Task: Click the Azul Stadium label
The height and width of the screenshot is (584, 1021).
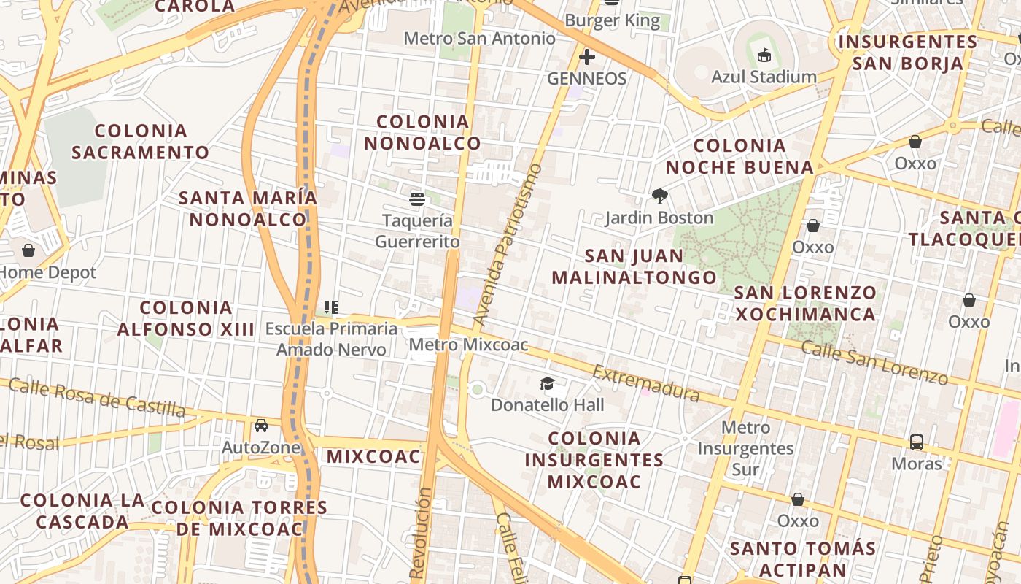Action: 764,77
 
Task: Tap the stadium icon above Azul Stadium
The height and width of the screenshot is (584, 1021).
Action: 764,55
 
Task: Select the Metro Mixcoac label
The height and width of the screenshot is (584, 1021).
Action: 468,345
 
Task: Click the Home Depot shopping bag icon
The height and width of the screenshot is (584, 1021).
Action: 28,251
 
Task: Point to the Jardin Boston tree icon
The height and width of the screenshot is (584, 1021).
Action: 659,196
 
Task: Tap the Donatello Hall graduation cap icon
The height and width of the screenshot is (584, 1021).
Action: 547,383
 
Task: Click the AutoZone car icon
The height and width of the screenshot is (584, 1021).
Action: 260,426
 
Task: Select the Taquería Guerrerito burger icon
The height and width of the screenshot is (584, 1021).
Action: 417,199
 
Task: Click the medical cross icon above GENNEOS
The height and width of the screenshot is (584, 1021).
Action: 586,56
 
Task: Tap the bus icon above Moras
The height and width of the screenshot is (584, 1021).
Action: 917,442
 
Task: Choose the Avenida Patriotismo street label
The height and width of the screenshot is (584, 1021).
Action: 508,245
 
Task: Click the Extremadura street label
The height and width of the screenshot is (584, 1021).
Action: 645,384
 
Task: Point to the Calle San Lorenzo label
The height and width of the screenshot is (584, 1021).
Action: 874,362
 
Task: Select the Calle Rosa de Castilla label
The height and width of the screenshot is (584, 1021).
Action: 97,396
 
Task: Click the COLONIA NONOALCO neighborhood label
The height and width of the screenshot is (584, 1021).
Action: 422,132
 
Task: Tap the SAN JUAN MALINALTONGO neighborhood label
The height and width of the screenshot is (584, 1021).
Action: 634,266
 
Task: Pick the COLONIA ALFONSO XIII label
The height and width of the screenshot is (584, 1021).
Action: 185,318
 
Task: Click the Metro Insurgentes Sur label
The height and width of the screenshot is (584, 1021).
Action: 745,448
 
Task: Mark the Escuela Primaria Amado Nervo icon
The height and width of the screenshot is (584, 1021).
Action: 331,307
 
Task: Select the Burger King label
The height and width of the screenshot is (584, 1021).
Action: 612,20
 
